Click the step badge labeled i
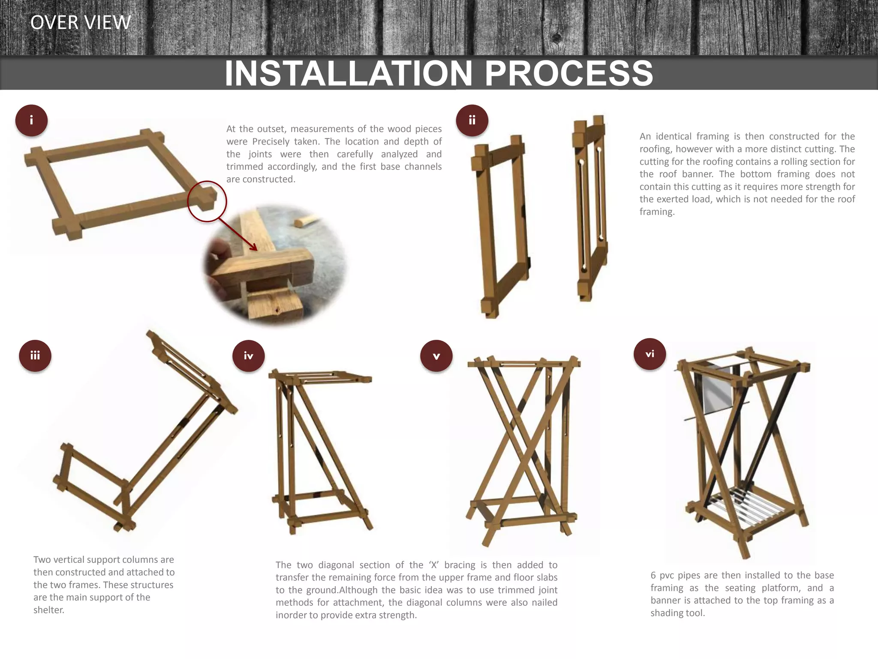[x=31, y=121]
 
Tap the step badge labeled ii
[x=472, y=121]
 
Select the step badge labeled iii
[x=35, y=356]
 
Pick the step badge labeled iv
[x=249, y=356]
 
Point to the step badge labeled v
[x=436, y=356]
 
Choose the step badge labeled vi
[x=650, y=354]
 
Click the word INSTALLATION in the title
[x=349, y=73]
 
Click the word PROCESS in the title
[x=569, y=73]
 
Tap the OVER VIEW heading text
[x=81, y=22]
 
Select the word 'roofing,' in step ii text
[x=657, y=149]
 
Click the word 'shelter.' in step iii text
[x=49, y=610]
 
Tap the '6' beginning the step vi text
[x=653, y=575]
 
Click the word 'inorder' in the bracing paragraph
[x=291, y=615]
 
